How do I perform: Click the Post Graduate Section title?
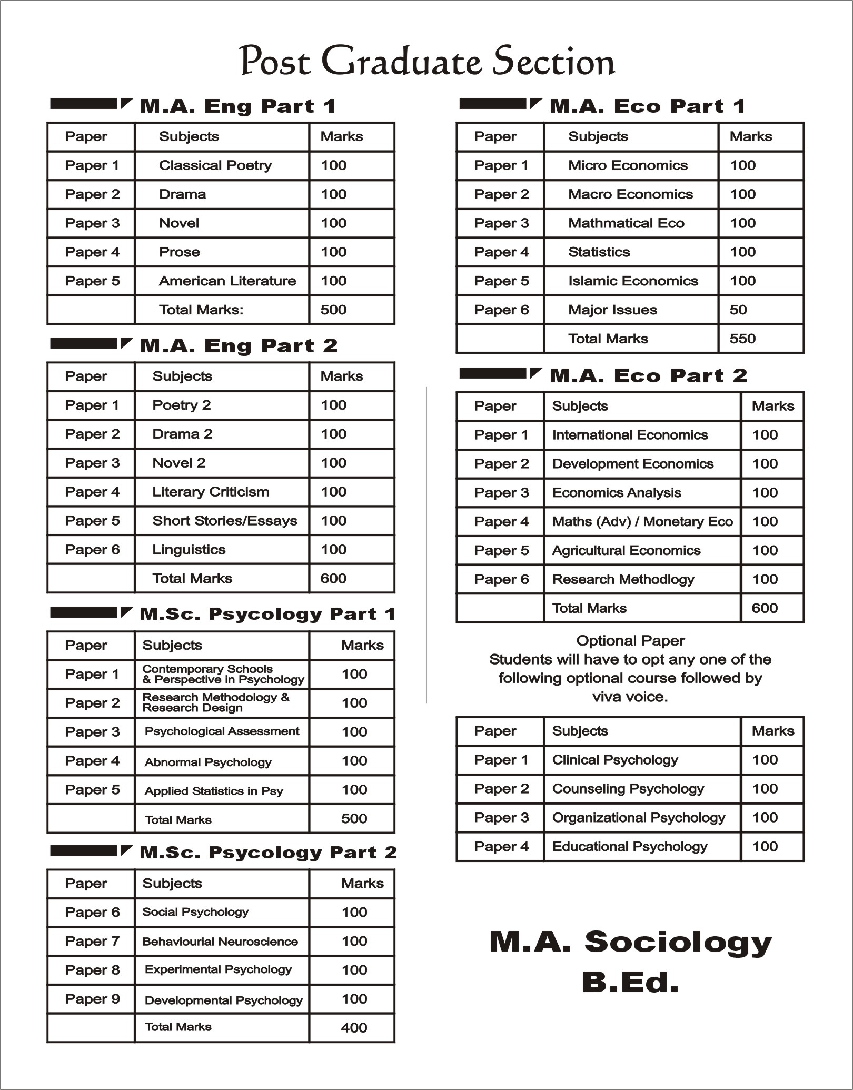pos(426,62)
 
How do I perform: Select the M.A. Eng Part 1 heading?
pos(237,106)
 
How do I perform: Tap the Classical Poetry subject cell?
pos(215,165)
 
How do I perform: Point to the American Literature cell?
pos(227,281)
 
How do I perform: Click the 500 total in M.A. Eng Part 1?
pos(333,310)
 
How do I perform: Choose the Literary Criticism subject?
pos(211,492)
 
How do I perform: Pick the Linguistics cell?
pos(189,550)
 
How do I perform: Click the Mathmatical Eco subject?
pos(626,223)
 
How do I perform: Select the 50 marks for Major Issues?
pos(738,310)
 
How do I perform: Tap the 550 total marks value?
pos(742,339)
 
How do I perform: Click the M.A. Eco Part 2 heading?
pos(648,375)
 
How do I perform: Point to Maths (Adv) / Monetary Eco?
pos(642,521)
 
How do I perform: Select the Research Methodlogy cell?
pos(623,579)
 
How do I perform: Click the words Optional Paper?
pos(630,640)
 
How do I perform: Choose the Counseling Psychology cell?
pos(628,789)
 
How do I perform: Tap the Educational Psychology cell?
pos(629,846)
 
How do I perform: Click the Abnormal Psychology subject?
pos(208,762)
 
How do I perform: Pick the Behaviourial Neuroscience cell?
pos(220,942)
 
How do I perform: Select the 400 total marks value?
pos(354,1027)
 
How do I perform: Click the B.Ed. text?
pos(630,982)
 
